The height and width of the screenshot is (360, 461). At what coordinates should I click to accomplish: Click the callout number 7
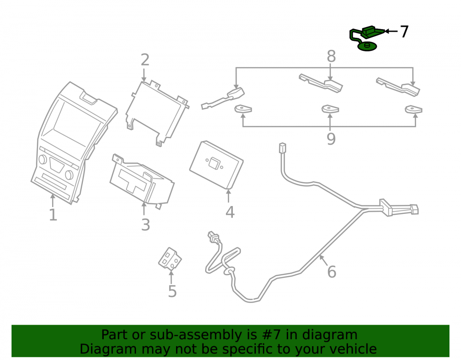(x=404, y=31)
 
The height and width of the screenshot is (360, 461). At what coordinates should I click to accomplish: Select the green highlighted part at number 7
(x=366, y=37)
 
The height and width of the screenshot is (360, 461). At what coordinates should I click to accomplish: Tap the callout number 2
(x=145, y=60)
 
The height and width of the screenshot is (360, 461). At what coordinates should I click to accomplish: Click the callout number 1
(x=53, y=215)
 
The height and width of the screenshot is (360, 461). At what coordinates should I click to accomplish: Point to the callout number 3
(x=146, y=225)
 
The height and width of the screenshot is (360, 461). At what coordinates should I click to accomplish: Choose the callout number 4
(x=230, y=212)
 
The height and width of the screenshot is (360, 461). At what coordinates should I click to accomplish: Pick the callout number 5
(x=172, y=291)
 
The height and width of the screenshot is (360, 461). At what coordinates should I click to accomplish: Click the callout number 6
(x=331, y=272)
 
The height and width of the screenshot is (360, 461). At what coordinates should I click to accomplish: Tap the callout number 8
(x=331, y=56)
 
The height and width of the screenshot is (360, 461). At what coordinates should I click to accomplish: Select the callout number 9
(x=331, y=139)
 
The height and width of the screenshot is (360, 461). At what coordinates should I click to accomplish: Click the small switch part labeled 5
(x=170, y=259)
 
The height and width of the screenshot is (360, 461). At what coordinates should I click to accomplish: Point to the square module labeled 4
(x=216, y=165)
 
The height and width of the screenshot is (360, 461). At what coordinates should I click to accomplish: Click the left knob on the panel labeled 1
(x=42, y=159)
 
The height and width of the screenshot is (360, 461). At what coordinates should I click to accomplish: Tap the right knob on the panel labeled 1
(x=69, y=175)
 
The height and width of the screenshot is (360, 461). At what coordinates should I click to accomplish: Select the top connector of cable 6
(x=282, y=148)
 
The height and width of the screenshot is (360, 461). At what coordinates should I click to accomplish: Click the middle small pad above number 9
(x=330, y=109)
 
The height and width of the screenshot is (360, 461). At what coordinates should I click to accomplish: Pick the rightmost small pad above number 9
(x=414, y=109)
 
